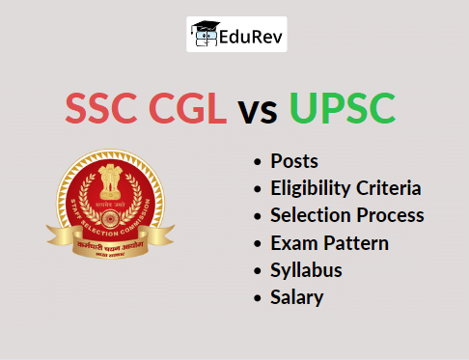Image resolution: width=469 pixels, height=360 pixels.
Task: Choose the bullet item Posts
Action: tap(294, 161)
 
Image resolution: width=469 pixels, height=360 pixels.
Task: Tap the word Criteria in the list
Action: tap(388, 188)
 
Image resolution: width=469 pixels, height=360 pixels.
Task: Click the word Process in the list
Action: tap(389, 216)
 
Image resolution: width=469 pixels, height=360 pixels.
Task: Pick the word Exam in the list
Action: tap(290, 243)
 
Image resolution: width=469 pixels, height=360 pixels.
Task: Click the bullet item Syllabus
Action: tap(306, 270)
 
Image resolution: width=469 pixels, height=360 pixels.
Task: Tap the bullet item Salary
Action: tap(297, 297)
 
